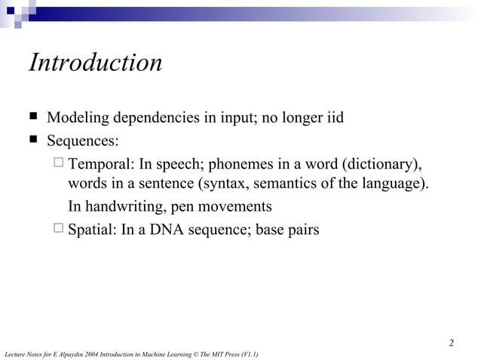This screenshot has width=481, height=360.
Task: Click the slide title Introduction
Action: pos(95,63)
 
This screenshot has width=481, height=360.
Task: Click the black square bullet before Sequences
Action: pos(33,140)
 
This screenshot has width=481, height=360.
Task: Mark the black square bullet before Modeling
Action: pos(33,118)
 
